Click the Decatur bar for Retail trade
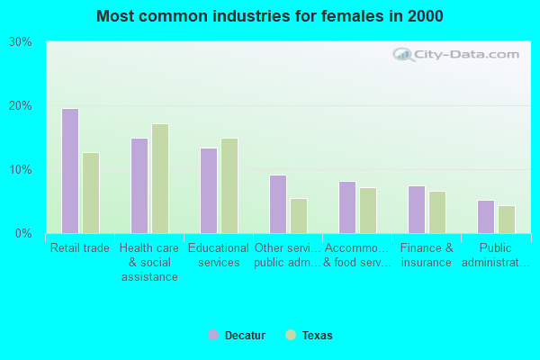pos(69,171)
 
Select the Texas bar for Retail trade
pos(91,193)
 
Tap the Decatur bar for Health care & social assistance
pos(139,185)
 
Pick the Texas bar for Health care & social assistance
pos(160,178)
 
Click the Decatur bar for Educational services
pos(208,191)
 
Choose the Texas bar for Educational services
pos(229,185)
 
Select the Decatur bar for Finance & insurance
pos(416,210)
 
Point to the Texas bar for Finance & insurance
pos(437,212)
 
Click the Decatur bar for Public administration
pos(485,217)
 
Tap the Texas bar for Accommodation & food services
pos(368,211)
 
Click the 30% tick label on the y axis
pos(21,42)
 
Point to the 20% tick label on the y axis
pos(21,106)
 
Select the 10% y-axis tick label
pos(21,170)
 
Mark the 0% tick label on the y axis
pos(23,234)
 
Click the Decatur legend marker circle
pos(213,335)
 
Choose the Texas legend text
pos(317,336)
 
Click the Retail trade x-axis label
pos(80,248)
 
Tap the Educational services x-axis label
pos(219,255)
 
